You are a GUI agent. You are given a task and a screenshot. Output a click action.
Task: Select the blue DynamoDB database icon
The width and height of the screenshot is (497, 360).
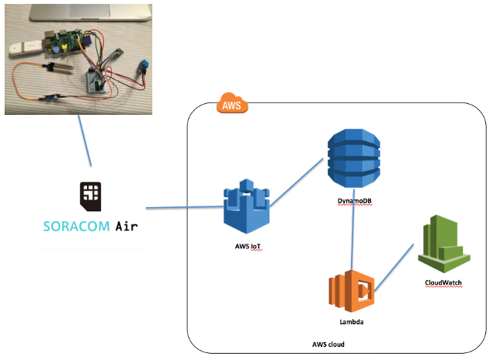point(353,157)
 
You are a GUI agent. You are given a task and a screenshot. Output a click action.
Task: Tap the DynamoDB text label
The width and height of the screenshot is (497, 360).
point(353,201)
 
